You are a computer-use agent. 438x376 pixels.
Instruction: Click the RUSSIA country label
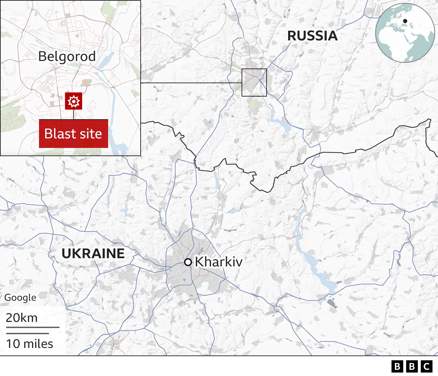(x=312, y=36)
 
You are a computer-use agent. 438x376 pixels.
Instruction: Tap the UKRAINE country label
(x=93, y=253)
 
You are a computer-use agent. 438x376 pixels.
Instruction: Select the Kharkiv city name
(x=219, y=262)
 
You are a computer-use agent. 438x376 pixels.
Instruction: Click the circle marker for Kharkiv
(x=188, y=262)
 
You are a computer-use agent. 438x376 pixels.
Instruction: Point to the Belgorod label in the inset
(x=67, y=57)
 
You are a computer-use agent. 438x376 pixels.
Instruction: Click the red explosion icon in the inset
(x=74, y=101)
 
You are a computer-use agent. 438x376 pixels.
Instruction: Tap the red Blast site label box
(x=74, y=134)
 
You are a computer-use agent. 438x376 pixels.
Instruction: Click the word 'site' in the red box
(x=91, y=134)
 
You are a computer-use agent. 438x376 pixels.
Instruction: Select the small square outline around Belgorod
(x=254, y=69)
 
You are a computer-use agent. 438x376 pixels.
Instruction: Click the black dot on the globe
(x=405, y=21)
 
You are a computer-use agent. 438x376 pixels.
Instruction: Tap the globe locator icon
(x=405, y=33)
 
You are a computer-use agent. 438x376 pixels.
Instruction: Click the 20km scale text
(x=22, y=318)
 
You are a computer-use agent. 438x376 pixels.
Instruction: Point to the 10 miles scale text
(x=30, y=344)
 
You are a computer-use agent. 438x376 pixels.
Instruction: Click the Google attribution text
(x=20, y=298)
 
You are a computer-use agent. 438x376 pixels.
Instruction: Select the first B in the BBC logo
(x=397, y=366)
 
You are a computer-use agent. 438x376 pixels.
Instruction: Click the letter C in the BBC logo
(x=426, y=366)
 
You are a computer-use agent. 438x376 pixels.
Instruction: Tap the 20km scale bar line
(x=33, y=327)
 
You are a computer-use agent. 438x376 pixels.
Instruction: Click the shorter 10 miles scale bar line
(x=27, y=333)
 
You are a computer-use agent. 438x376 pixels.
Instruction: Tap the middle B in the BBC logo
(x=412, y=366)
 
